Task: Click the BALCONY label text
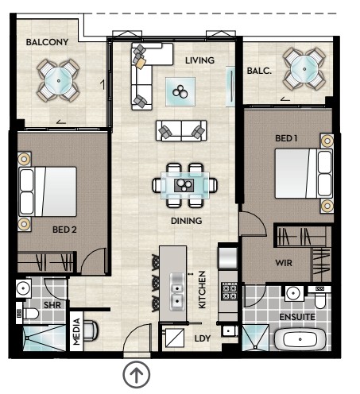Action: pyautogui.click(x=47, y=42)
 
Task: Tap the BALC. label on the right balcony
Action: pyautogui.click(x=259, y=71)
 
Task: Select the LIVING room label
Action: pyautogui.click(x=199, y=60)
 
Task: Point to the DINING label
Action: pyautogui.click(x=186, y=221)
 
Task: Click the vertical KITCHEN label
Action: pyautogui.click(x=202, y=290)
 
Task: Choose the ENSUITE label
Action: pyautogui.click(x=297, y=317)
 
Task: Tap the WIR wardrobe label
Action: pyautogui.click(x=284, y=263)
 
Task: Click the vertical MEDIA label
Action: pyautogui.click(x=76, y=331)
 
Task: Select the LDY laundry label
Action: pyautogui.click(x=203, y=338)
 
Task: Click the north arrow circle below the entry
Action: pyautogui.click(x=137, y=375)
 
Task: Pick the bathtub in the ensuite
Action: pyautogui.click(x=300, y=339)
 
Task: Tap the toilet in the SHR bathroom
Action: pyautogui.click(x=28, y=314)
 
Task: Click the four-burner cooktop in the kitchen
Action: pyautogui.click(x=229, y=292)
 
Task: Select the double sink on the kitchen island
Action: pyautogui.click(x=177, y=292)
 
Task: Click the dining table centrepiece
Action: pyautogui.click(x=184, y=185)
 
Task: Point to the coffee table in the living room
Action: pyautogui.click(x=180, y=91)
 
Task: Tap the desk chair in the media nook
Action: pyautogui.click(x=91, y=330)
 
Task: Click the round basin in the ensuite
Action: pyautogui.click(x=294, y=293)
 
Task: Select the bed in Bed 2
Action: pyautogui.click(x=48, y=191)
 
